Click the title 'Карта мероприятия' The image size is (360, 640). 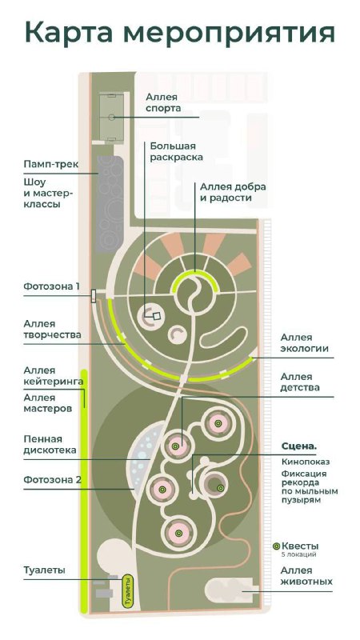point(179,33)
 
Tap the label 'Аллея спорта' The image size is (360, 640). point(163,103)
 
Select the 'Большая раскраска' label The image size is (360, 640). point(176,151)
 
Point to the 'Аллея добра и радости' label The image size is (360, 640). point(233,192)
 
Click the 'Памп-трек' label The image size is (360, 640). point(50,165)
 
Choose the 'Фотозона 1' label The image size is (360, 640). point(51,286)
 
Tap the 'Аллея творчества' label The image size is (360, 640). point(52,330)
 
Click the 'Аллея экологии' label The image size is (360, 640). point(304,343)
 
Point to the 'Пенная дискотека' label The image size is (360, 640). point(50,445)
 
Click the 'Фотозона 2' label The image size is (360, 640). point(52,479)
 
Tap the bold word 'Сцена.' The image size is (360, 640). point(298,446)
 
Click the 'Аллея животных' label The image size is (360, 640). point(306,575)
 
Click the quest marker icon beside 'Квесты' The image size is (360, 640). point(276,546)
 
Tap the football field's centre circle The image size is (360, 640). point(111,117)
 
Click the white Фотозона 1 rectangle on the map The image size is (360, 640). point(94,296)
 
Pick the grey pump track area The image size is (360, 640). point(110,203)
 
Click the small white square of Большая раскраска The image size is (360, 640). point(156,315)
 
